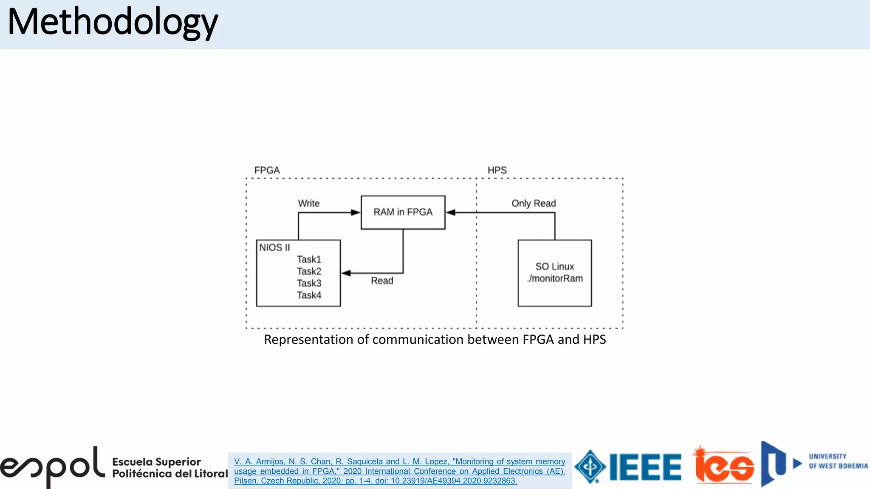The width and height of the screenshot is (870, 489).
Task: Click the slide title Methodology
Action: (113, 22)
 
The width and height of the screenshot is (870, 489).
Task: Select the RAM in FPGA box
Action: (403, 212)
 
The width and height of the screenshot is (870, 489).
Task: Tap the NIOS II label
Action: (274, 247)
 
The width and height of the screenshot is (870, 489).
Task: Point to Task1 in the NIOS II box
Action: (309, 259)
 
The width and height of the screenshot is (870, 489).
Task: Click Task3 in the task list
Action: (309, 283)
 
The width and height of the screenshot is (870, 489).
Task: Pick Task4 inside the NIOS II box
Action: (309, 295)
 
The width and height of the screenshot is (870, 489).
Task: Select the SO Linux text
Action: (554, 267)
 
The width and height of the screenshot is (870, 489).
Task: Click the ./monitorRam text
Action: (555, 278)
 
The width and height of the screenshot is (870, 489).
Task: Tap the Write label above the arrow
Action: (308, 203)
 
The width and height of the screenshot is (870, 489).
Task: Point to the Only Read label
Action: (534, 203)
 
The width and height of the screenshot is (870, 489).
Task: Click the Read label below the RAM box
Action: (382, 281)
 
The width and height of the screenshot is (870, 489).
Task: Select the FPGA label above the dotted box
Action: (267, 170)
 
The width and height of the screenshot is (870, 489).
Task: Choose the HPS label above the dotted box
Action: (497, 170)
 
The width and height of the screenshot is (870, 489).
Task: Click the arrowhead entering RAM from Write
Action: (356, 212)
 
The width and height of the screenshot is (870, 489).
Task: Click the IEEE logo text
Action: (645, 467)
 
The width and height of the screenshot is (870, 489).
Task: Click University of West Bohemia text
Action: (838, 461)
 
